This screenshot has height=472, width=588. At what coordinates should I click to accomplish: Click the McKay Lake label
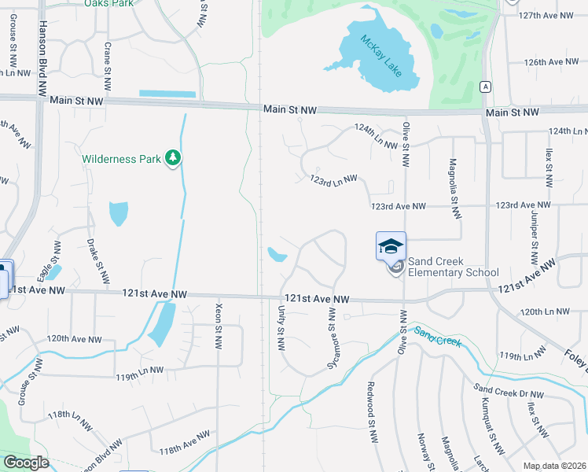click(380, 55)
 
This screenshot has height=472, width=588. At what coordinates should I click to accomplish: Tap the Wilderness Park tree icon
click(173, 158)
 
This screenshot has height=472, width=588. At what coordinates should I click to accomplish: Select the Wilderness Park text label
click(122, 158)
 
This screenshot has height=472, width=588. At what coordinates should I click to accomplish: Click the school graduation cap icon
click(391, 247)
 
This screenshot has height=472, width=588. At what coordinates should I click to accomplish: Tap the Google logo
click(26, 462)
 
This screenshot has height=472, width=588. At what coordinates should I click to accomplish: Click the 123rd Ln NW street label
click(333, 181)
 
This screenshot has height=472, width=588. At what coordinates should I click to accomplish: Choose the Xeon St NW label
click(219, 324)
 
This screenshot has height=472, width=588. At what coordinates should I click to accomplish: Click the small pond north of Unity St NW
click(277, 254)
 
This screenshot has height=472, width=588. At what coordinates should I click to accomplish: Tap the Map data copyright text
click(553, 464)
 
